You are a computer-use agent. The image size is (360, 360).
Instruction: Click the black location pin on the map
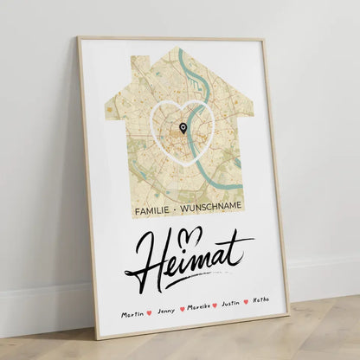click(183, 128)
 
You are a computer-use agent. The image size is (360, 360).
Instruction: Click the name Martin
click(132, 313)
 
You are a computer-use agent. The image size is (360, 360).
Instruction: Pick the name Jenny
click(165, 310)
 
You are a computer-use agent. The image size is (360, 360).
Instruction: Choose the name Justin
click(231, 303)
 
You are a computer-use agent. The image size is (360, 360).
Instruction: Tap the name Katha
click(261, 299)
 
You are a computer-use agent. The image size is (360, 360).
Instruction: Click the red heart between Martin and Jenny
click(150, 312)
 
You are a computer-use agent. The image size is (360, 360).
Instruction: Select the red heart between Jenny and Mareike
click(182, 309)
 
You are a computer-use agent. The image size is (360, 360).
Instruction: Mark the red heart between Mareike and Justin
click(215, 305)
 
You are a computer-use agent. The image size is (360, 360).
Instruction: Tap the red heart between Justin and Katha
click(247, 302)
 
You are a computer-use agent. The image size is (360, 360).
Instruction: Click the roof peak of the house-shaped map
click(178, 49)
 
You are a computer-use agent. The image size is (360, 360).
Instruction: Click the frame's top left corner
click(77, 37)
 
